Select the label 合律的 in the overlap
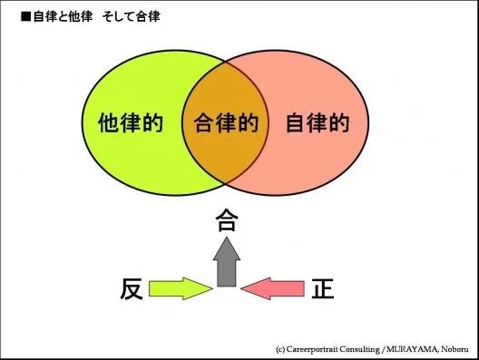(x=226, y=122)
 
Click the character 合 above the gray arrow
(x=226, y=220)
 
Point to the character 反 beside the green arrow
(x=132, y=288)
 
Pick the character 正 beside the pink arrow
(x=322, y=288)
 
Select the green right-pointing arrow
(x=179, y=289)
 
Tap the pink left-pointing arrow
(x=275, y=289)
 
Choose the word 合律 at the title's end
(x=149, y=16)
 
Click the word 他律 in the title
(x=73, y=16)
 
